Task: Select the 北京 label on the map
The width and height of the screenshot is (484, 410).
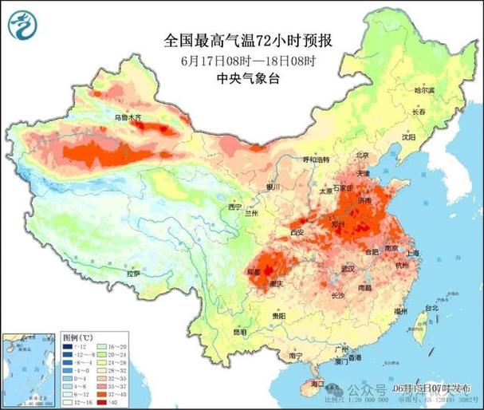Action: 363,156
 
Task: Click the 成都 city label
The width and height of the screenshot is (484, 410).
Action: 254,272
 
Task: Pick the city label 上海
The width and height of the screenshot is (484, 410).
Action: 413,253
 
